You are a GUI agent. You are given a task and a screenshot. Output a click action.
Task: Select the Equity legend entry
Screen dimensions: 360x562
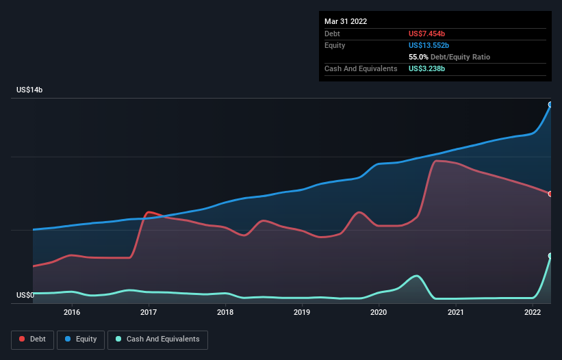tap(81, 339)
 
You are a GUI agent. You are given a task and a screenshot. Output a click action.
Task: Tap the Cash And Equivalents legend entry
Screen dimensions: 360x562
tap(157, 339)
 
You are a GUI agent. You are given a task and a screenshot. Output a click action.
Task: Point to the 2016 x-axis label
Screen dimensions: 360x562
tap(72, 312)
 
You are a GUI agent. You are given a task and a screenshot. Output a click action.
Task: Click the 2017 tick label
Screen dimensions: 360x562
tap(149, 312)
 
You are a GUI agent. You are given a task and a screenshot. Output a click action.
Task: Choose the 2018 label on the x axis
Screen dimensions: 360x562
tap(225, 312)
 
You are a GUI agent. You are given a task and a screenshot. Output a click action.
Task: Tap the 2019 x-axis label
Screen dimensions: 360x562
tap(302, 312)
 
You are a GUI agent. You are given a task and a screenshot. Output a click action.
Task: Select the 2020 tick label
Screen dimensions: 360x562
tap(379, 312)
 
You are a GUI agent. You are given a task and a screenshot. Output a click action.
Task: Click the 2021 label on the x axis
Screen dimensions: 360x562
tap(456, 312)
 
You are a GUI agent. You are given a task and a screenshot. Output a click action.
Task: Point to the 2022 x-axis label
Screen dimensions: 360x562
tap(533, 312)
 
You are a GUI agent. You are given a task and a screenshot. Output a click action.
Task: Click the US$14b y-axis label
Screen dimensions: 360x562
tap(31, 90)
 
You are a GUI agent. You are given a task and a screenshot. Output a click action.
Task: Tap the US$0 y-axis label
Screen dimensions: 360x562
tap(25, 296)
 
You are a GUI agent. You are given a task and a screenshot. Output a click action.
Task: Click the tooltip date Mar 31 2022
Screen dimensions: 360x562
tap(346, 21)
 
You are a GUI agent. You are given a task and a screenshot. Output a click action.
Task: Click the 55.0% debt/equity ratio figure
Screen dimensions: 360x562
tap(421, 57)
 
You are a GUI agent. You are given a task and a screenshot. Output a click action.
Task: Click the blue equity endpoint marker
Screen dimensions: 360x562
tap(550, 105)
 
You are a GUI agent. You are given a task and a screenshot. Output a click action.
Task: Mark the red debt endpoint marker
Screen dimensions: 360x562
tap(550, 194)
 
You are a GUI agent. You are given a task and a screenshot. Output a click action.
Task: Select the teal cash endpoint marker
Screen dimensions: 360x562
tap(550, 256)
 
